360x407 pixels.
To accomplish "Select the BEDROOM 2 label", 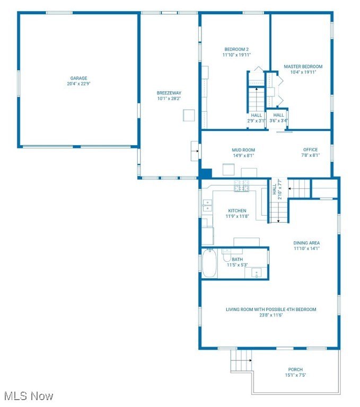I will tap(236, 49).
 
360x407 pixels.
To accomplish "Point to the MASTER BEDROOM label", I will tap(303, 67).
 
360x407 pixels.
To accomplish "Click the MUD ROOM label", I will tap(243, 150).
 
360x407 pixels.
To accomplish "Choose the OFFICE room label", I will tap(310, 150).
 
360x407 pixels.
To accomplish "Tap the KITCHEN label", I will tap(237, 211).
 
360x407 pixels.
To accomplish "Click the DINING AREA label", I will tap(306, 243).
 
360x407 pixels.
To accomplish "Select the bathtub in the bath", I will tap(210, 263).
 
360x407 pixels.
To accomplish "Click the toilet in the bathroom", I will tap(227, 256).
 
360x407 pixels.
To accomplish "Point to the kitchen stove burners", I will tap(242, 185).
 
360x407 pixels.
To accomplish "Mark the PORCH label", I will tap(295, 370).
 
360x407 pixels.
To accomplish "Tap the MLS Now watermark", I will tap(28, 396).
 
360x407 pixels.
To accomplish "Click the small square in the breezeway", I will tap(189, 116).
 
